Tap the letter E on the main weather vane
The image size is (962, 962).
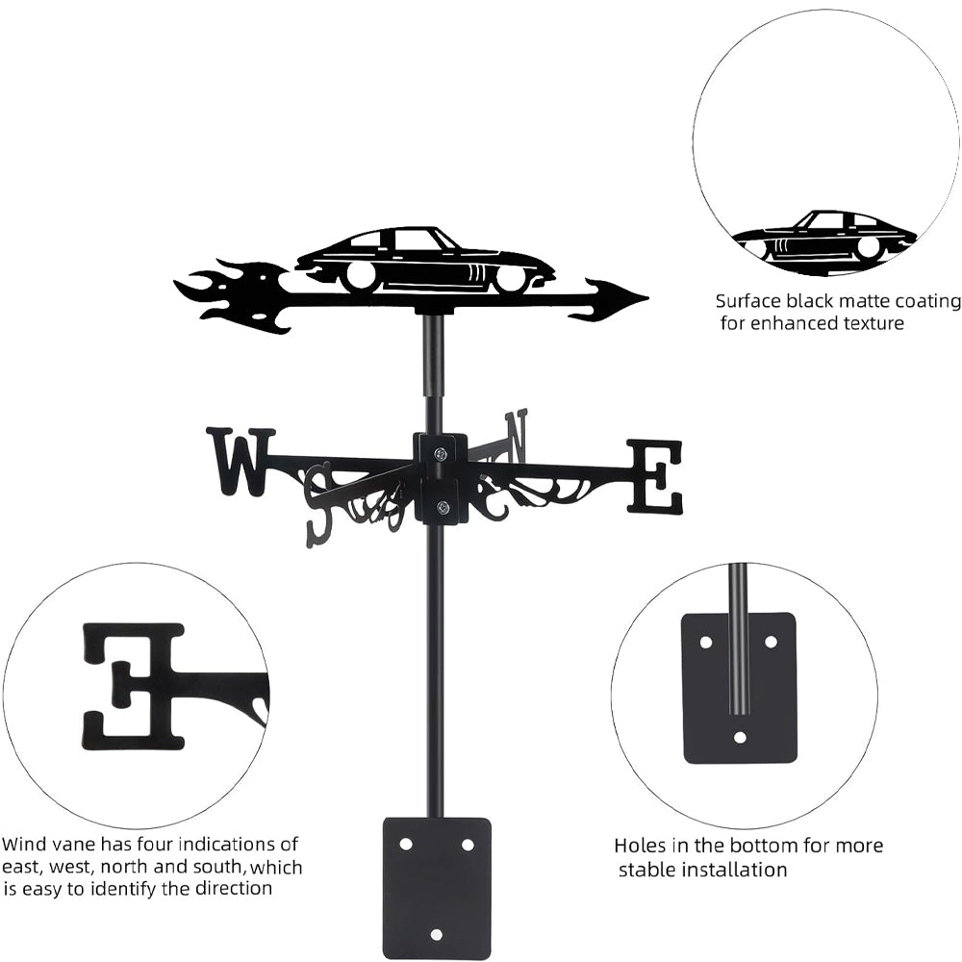(x=654, y=476)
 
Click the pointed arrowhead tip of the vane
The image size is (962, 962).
(x=647, y=298)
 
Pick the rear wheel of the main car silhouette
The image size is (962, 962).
(x=361, y=276)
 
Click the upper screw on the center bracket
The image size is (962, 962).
(x=441, y=453)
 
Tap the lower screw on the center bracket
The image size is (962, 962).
(x=442, y=507)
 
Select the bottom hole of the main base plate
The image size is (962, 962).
(x=436, y=934)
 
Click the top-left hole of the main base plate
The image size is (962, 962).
(x=405, y=845)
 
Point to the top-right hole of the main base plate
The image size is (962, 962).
(x=468, y=845)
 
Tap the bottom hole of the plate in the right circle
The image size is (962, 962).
(x=740, y=737)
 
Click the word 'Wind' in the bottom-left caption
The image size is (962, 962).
(x=24, y=845)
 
